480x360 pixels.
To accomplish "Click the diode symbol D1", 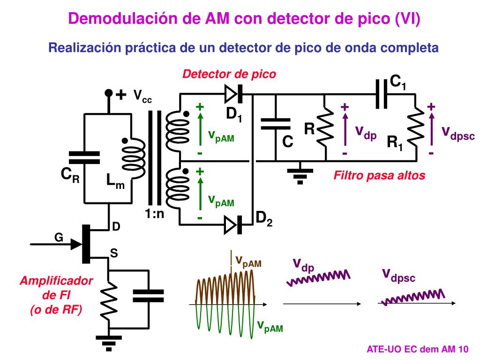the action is tap(233, 94).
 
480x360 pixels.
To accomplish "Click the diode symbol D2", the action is tap(233, 225).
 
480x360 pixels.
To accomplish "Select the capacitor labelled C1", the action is tap(382, 94).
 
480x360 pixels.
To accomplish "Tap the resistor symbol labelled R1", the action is tap(415, 127).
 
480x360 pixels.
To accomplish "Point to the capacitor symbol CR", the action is tap(84, 157).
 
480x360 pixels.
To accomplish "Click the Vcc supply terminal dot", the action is tap(108, 92).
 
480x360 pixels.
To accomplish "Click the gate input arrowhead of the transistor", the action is tap(76, 244).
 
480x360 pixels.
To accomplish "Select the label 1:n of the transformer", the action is tap(155, 214).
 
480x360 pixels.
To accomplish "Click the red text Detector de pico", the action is tap(229, 74).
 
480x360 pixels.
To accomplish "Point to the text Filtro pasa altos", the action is tap(379, 175).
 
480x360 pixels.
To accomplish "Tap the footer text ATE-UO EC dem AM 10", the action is tap(418, 349).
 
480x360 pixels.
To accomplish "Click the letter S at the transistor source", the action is tap(114, 253).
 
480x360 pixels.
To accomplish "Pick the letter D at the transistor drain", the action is tap(116, 226).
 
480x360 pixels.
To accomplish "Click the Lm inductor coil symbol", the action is tap(134, 158).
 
